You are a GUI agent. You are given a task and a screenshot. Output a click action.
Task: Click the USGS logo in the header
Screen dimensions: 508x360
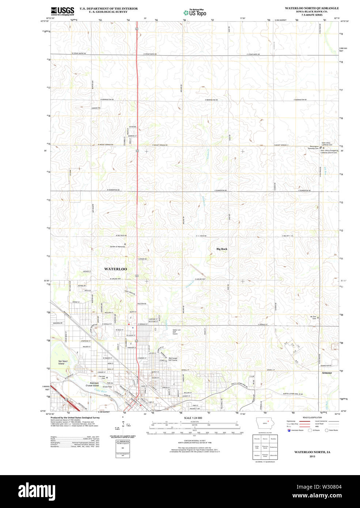tap(62, 11)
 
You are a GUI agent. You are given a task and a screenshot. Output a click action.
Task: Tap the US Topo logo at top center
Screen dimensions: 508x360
tap(195, 12)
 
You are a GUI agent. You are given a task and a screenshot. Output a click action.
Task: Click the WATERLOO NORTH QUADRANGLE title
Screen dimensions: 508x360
tap(312, 8)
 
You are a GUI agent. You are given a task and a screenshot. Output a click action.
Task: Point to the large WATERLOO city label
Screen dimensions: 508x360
tap(115, 269)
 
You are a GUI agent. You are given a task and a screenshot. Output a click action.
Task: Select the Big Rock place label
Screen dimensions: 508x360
tap(222, 249)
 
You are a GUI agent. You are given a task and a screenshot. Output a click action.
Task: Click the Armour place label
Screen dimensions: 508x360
tap(327, 373)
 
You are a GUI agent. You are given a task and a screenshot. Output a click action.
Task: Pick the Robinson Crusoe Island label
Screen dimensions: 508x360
tap(92, 384)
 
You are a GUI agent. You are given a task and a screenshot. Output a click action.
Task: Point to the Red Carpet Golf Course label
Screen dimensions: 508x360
tap(173, 359)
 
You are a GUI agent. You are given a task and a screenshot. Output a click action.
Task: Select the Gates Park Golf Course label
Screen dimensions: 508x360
tap(175, 331)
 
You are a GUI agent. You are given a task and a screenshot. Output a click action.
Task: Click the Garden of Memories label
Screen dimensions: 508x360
tap(117, 247)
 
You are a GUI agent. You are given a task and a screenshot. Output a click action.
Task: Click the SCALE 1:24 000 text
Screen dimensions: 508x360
tap(193, 418)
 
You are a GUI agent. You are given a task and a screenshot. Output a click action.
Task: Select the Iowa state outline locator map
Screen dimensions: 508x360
tap(268, 425)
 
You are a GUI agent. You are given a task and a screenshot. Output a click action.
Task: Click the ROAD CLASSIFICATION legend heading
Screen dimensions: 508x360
tap(312, 417)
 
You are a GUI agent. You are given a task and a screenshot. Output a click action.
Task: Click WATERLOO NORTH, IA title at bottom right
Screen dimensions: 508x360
tap(312, 452)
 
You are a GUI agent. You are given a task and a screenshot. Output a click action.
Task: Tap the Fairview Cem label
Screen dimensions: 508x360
tap(102, 377)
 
